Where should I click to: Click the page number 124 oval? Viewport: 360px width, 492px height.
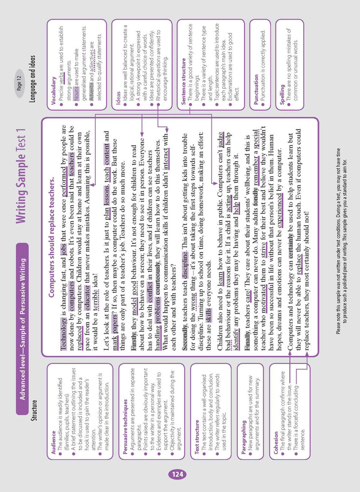click(x=178, y=474)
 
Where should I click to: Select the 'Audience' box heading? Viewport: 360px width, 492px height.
click(x=53, y=442)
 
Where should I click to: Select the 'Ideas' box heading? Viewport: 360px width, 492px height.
click(x=118, y=98)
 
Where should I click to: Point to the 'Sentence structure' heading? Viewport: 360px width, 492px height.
click(x=183, y=81)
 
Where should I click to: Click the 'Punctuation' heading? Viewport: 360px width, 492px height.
click(x=256, y=90)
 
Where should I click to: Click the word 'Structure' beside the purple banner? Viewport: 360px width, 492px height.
click(x=34, y=410)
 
